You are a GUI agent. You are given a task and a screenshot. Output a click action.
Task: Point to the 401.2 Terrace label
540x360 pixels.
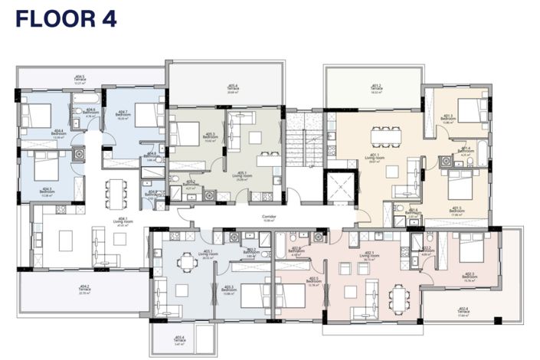375,88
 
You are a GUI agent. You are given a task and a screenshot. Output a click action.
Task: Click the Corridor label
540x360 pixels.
268,218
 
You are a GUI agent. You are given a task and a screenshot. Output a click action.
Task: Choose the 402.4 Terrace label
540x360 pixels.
463,312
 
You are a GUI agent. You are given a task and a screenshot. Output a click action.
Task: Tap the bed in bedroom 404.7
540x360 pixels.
145,110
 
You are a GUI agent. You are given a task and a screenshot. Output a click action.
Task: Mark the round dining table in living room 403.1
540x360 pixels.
185,263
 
